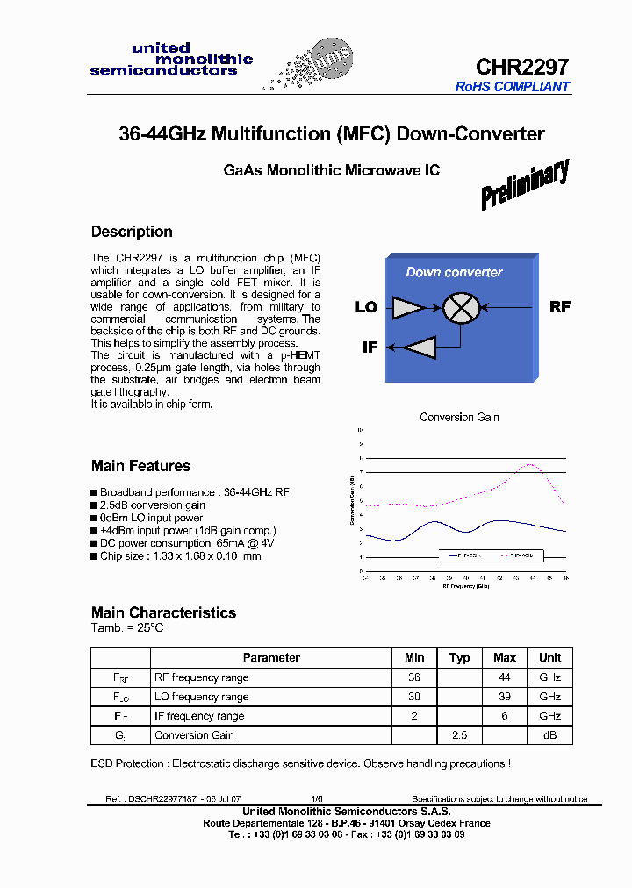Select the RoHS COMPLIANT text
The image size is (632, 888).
513,87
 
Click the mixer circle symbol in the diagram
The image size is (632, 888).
458,307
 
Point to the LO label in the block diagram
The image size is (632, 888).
366,307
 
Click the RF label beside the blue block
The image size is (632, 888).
560,306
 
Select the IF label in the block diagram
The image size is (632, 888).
370,347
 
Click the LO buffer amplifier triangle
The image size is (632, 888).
408,307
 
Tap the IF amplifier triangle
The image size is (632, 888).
419,347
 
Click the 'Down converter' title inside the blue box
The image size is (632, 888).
454,272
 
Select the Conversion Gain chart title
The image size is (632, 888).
459,417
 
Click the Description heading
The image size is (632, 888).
132,232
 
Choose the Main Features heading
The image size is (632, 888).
140,466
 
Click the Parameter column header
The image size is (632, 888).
271,657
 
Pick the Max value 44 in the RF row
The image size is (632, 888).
505,677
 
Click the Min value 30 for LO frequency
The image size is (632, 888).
414,697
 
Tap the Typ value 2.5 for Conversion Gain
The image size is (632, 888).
459,735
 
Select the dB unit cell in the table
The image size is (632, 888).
549,735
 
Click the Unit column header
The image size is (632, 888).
549,657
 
